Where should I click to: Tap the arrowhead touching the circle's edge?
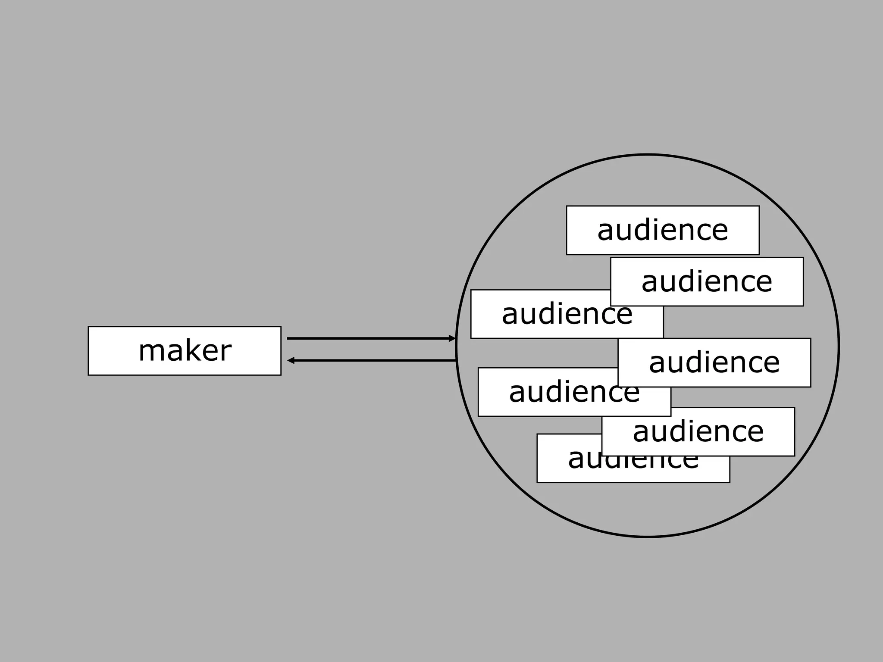pyautogui.click(x=452, y=338)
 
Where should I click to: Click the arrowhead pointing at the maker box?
pyautogui.click(x=291, y=360)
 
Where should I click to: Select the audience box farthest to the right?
pyautogui.click(x=714, y=362)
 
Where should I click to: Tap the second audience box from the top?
pyautogui.click(x=707, y=281)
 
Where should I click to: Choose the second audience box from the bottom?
pyautogui.click(x=698, y=431)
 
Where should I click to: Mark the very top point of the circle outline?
pyautogui.click(x=648, y=154)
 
